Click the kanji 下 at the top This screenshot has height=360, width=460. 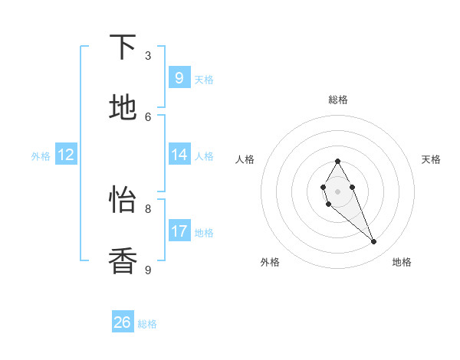(123, 47)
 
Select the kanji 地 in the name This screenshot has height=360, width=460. (123, 108)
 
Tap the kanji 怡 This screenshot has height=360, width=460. (123, 200)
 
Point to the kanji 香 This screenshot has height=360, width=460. (123, 261)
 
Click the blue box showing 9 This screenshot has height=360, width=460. (179, 77)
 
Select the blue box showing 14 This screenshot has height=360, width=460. (179, 154)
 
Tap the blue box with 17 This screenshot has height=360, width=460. (179, 231)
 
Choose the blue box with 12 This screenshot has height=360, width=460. (66, 155)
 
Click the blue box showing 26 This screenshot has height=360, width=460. (123, 322)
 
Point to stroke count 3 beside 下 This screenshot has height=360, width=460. (148, 55)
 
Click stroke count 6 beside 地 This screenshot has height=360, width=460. (148, 116)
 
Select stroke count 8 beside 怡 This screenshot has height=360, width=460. (148, 208)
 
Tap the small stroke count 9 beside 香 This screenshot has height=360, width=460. (148, 270)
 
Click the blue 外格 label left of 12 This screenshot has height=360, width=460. (41, 155)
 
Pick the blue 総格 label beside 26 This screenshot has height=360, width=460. (147, 324)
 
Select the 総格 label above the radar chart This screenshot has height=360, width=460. (337, 100)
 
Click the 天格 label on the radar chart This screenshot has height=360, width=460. (431, 159)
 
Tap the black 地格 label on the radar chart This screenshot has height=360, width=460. (402, 262)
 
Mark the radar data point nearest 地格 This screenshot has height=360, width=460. (373, 241)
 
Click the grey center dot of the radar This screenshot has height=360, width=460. (337, 191)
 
